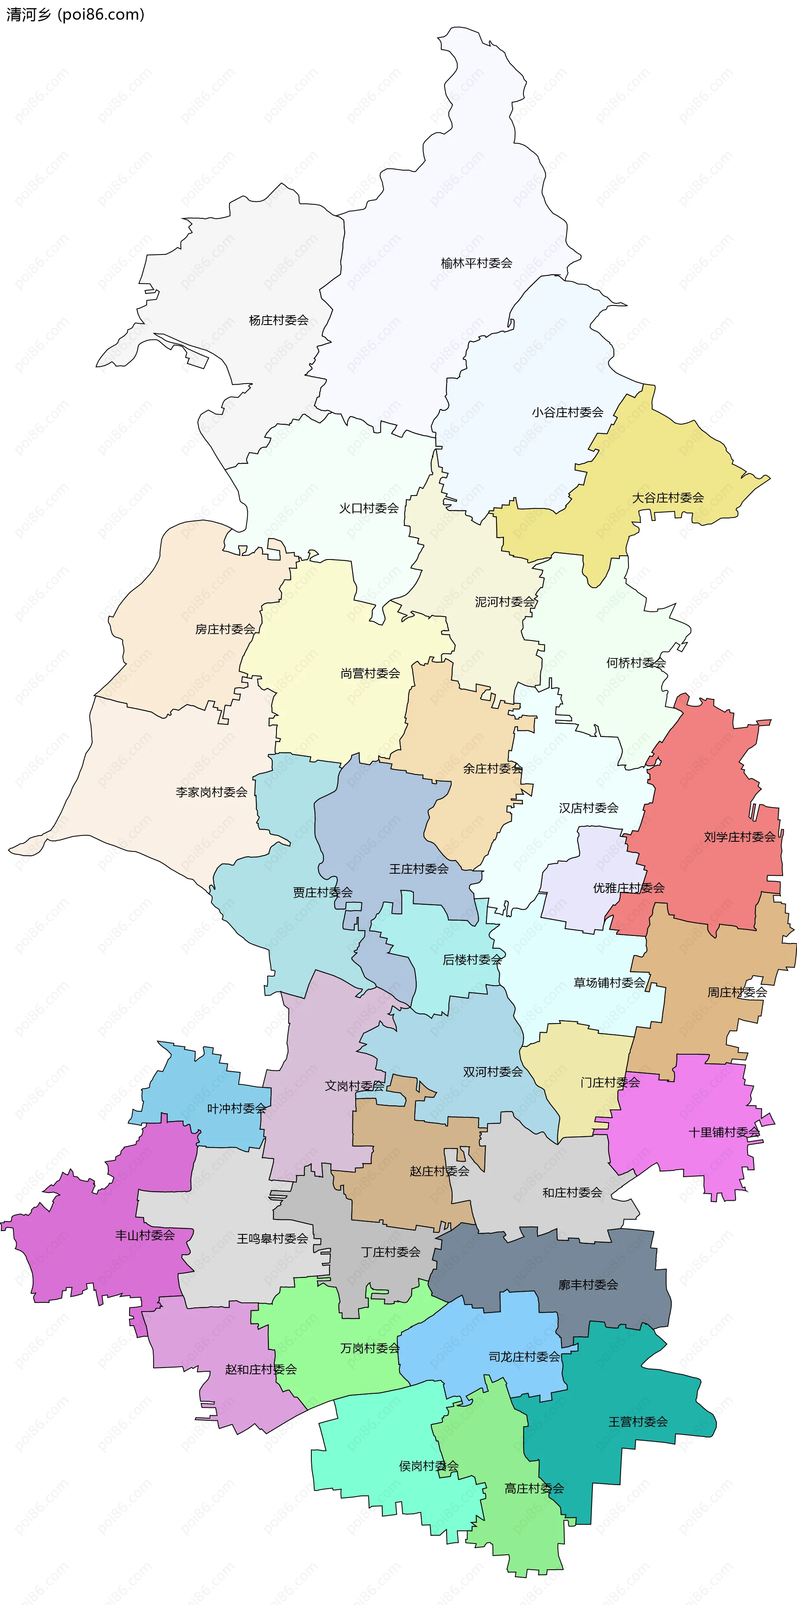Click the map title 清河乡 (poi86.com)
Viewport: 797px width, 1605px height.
pos(75,15)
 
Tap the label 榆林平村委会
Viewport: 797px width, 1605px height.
pos(476,263)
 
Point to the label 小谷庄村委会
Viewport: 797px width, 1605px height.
pos(567,412)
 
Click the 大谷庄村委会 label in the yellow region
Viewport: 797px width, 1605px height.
pos(667,497)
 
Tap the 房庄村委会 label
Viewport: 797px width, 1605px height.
pos(225,629)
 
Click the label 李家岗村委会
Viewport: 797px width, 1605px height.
pos(211,792)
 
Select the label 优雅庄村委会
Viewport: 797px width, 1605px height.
pos(628,888)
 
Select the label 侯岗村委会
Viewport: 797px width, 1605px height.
pos(429,1466)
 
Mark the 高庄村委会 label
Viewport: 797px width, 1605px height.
pos(534,1488)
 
